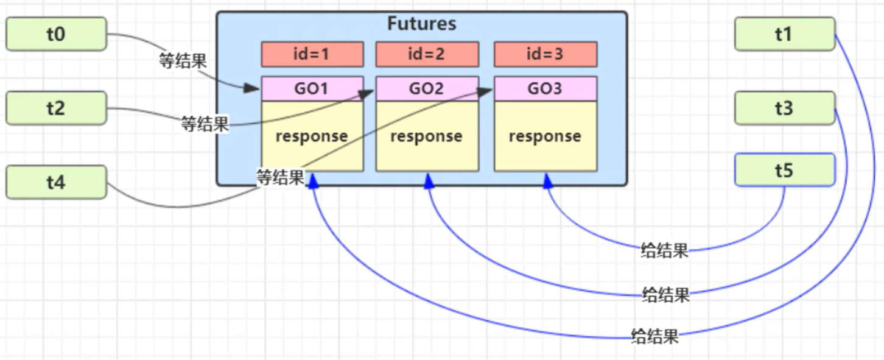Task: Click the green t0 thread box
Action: click(x=56, y=34)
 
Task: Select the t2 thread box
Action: click(x=56, y=108)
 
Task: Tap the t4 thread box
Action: click(x=56, y=182)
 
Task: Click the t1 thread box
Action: click(x=784, y=34)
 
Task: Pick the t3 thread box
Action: click(x=784, y=108)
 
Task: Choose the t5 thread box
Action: click(x=784, y=170)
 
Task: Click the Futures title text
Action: click(x=421, y=24)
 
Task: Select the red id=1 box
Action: click(x=312, y=54)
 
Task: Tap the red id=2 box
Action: click(x=426, y=54)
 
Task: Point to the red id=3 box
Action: click(x=545, y=54)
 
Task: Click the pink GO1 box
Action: click(x=312, y=89)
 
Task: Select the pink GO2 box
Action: click(x=426, y=89)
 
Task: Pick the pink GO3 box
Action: click(x=545, y=89)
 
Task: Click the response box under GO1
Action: click(x=312, y=136)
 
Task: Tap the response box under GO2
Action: click(x=426, y=136)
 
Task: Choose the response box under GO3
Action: click(x=545, y=136)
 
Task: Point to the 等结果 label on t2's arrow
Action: click(x=205, y=125)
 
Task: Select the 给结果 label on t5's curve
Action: click(x=664, y=250)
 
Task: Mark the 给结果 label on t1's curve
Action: click(x=655, y=336)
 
